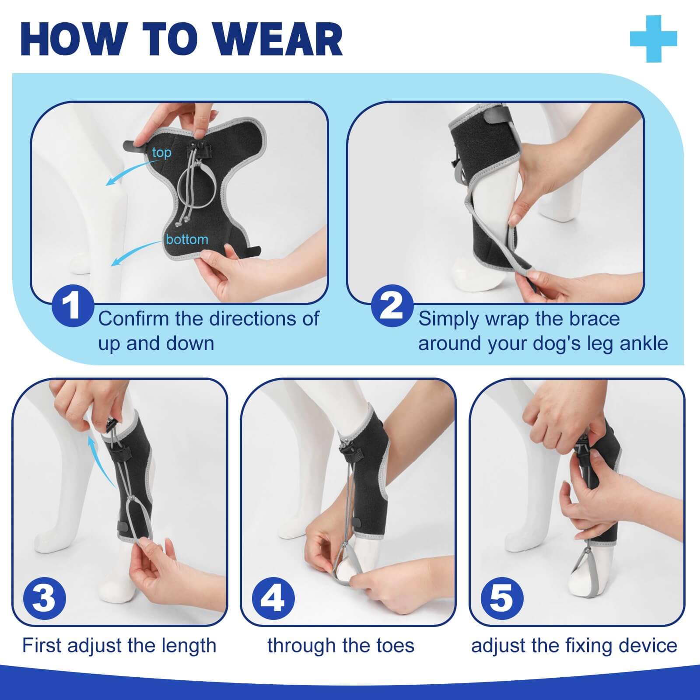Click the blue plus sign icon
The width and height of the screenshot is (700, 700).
[x=654, y=39]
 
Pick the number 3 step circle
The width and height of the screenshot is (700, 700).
[x=44, y=598]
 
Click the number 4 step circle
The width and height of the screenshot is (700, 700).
[x=273, y=598]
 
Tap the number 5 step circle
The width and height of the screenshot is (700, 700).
[x=502, y=598]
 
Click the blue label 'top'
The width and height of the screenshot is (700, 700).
[x=161, y=153]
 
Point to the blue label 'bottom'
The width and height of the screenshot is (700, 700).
[x=187, y=239]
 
